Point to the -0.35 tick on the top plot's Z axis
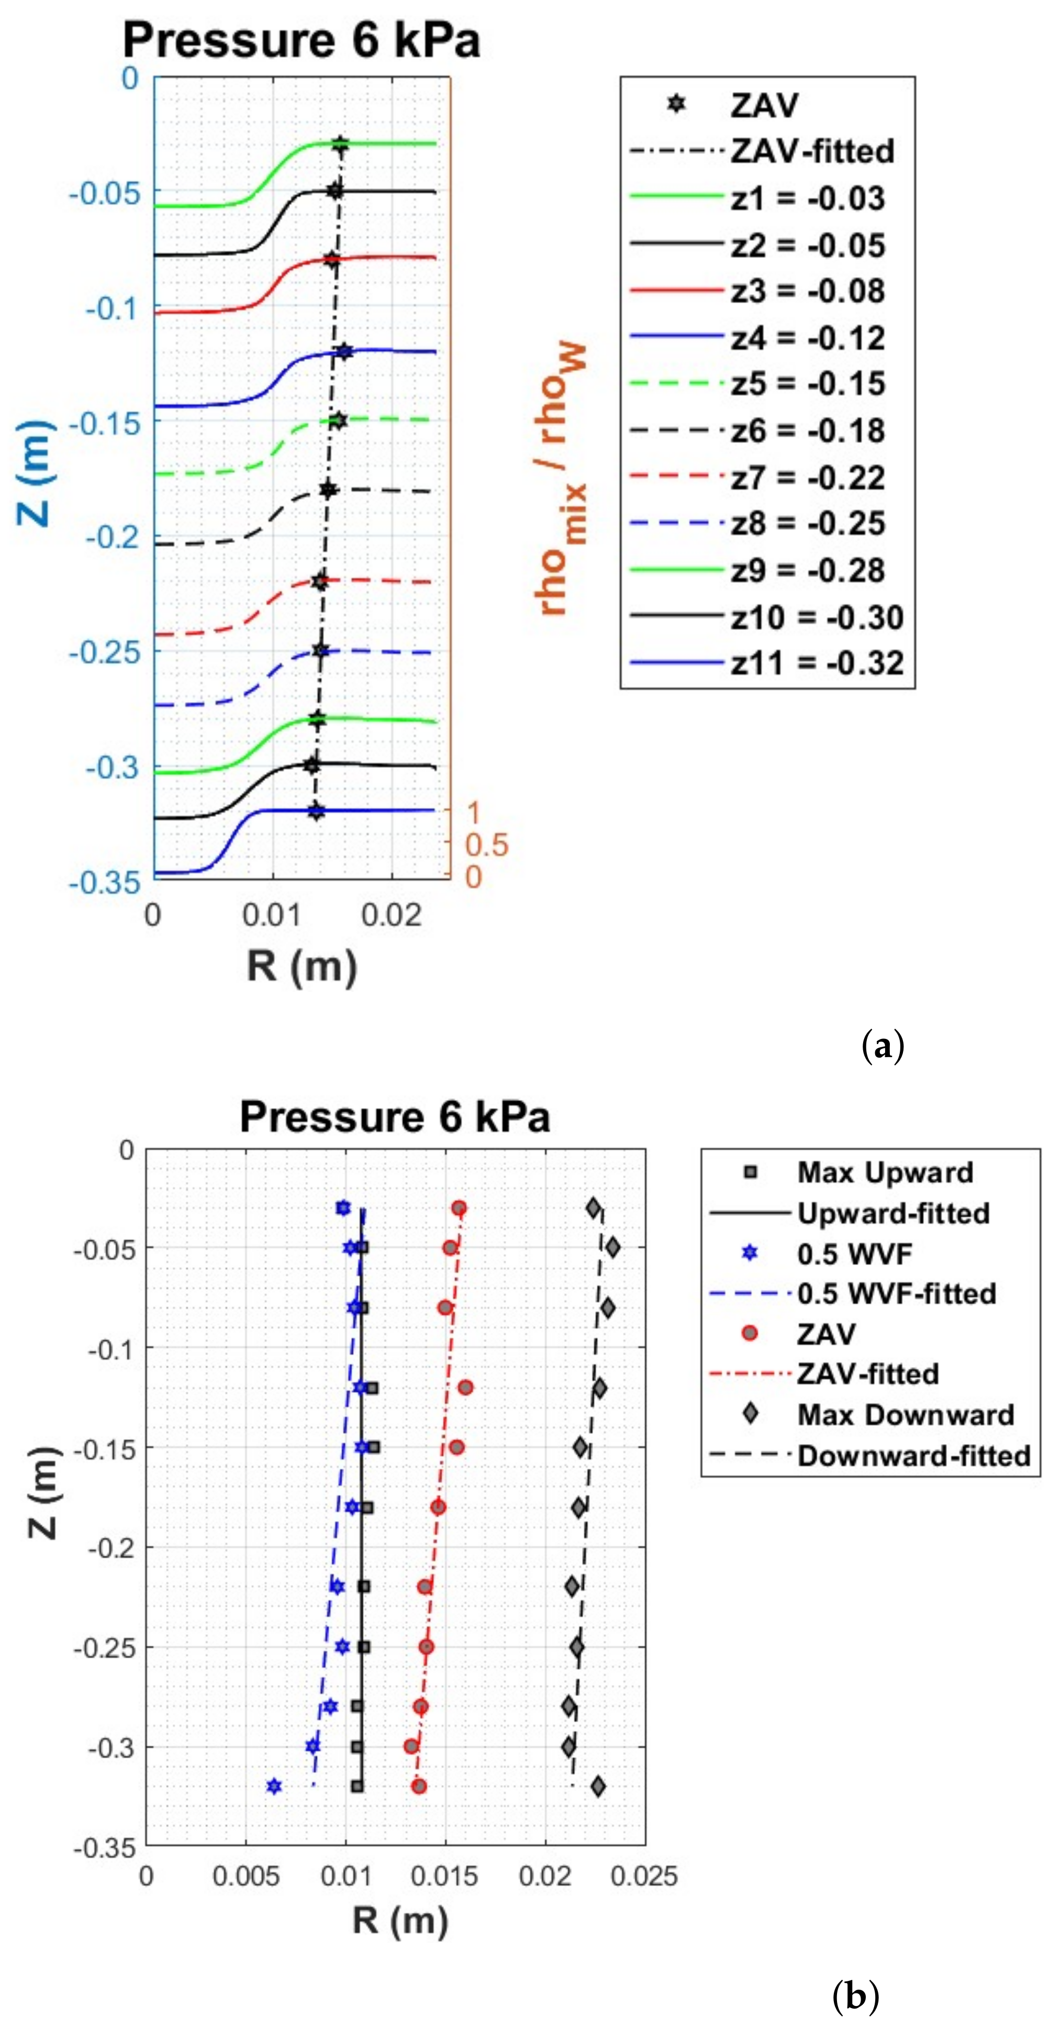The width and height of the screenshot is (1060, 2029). pos(105,882)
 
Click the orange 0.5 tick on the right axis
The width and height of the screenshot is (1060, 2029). pos(486,845)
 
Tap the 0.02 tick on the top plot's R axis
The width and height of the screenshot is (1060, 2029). pos(392,915)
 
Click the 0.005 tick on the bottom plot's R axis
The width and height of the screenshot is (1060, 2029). pos(246,1876)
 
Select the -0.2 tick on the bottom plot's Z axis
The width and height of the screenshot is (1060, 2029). pos(111,1547)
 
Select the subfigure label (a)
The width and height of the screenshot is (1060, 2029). pos(883,1046)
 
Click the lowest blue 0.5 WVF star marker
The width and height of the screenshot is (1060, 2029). pos(273,1786)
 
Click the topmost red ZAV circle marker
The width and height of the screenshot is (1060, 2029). pos(459,1207)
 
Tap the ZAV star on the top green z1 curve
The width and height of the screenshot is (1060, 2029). pos(339,144)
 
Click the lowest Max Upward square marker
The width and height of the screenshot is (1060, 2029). pos(358,1786)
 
